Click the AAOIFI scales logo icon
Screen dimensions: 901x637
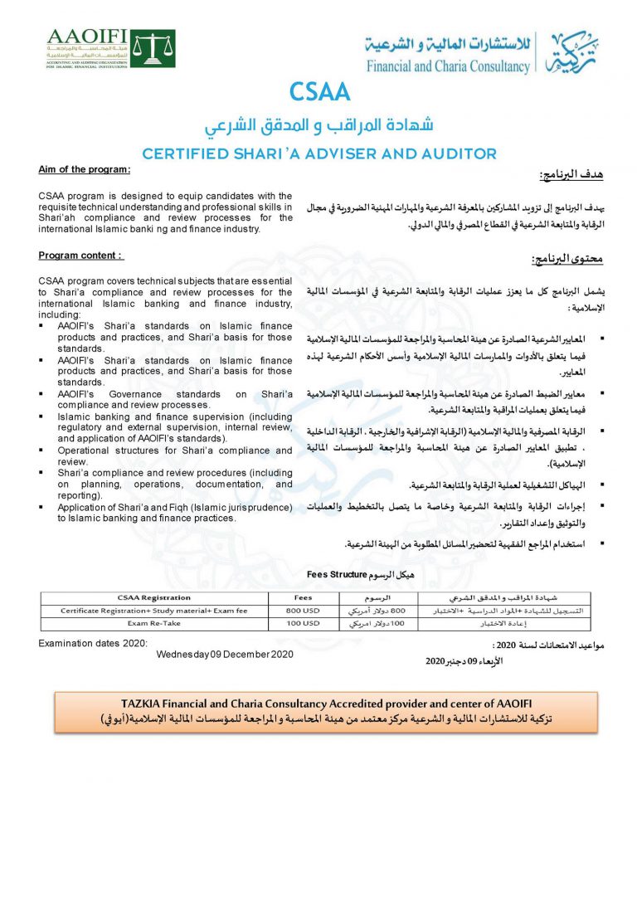(x=153, y=47)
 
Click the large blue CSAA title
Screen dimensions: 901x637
(x=319, y=91)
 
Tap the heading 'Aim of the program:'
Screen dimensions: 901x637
(x=85, y=169)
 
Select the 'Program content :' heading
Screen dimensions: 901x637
(x=80, y=255)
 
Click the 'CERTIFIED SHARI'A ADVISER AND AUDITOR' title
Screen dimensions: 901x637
(x=319, y=153)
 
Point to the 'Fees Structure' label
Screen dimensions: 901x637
(x=337, y=573)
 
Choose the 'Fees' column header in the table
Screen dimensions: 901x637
(x=303, y=597)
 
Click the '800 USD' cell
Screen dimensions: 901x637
(x=303, y=610)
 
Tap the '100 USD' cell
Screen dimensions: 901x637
(x=303, y=622)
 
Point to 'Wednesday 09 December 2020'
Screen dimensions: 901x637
(x=226, y=654)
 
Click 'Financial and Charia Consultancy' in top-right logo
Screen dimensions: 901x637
(x=448, y=66)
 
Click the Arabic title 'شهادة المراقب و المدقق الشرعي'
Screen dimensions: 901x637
(x=319, y=126)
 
